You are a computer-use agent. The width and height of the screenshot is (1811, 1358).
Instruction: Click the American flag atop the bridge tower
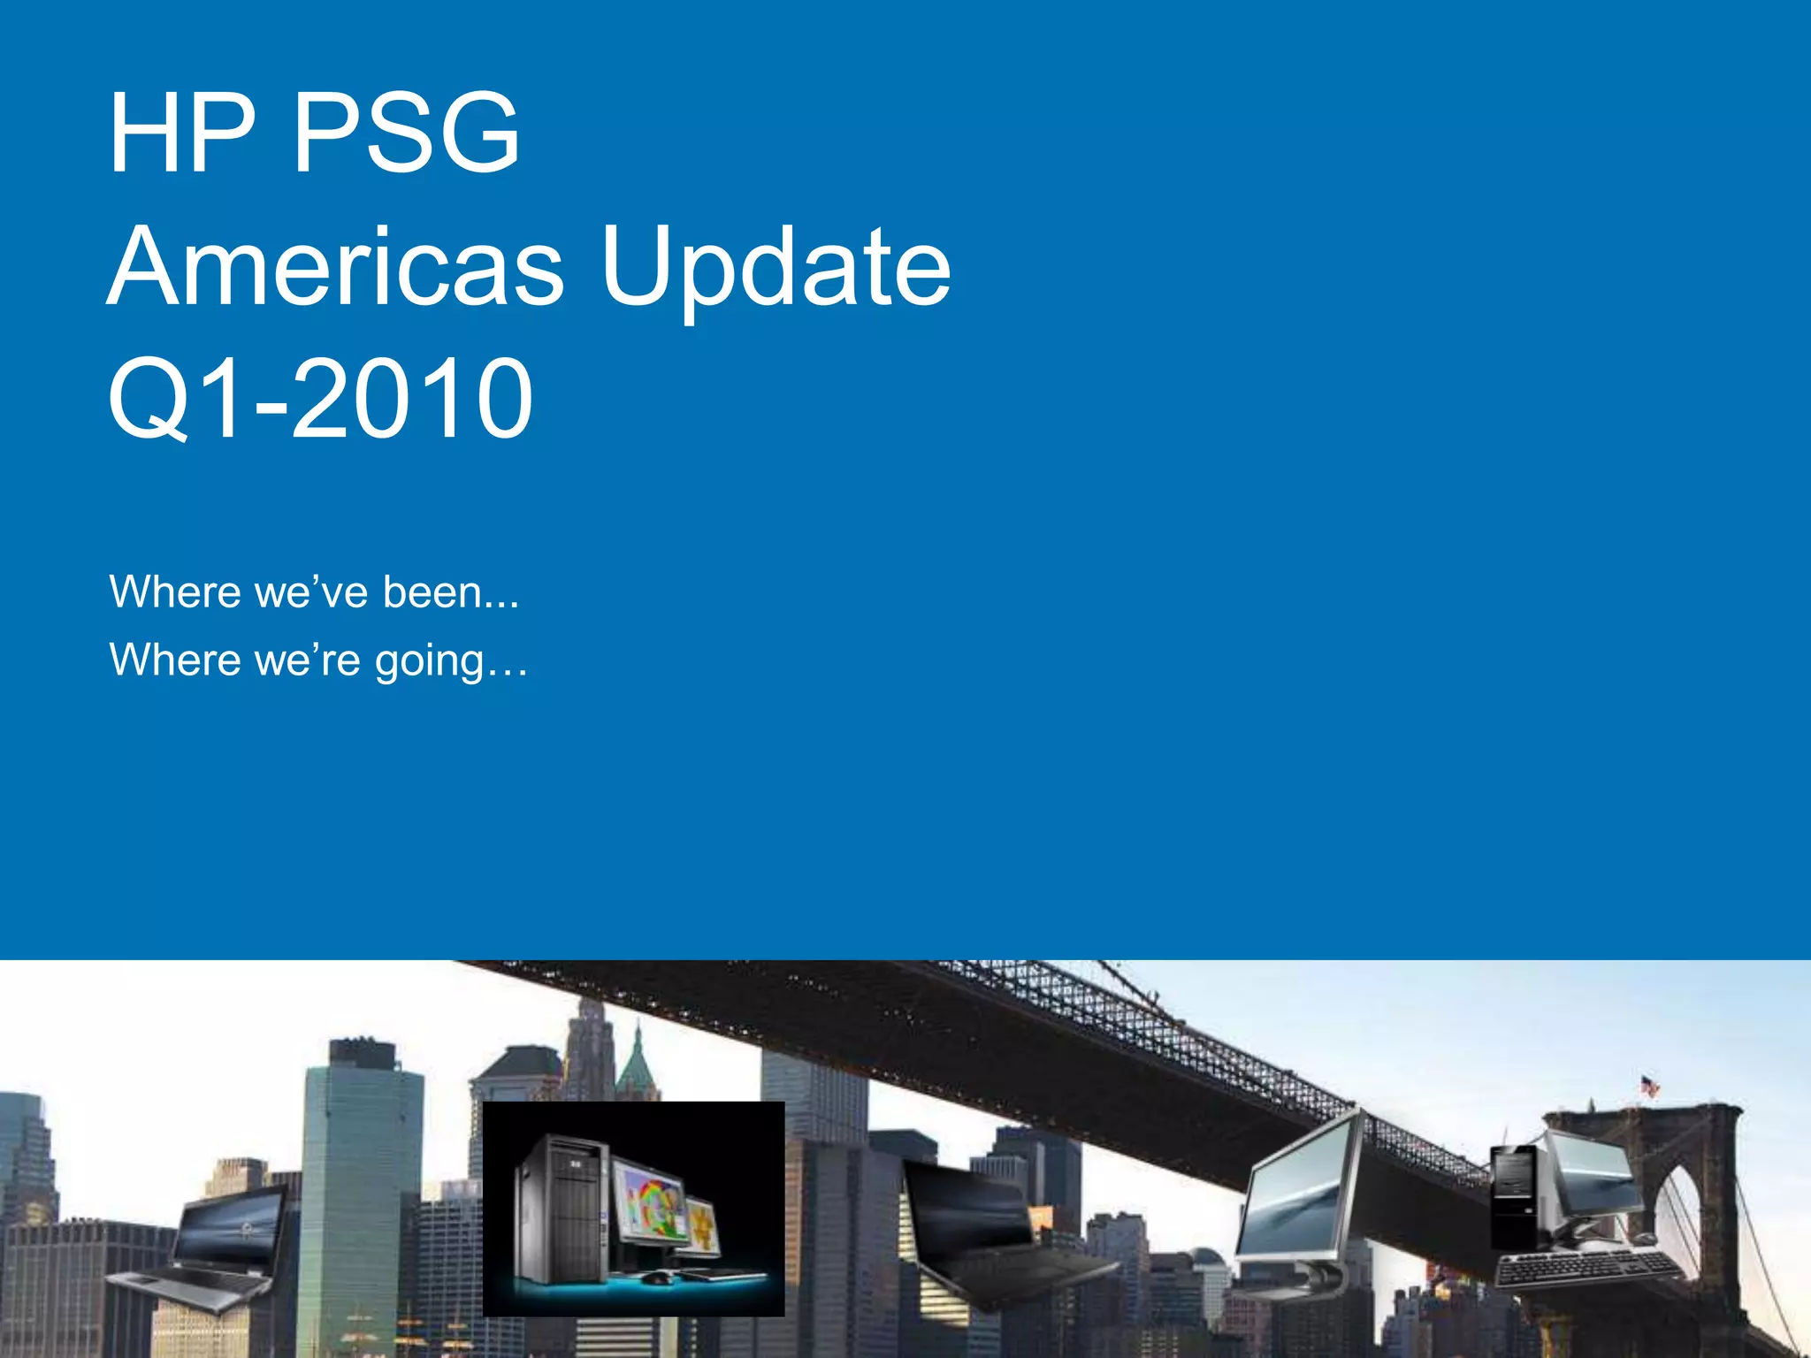[x=1649, y=1085]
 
